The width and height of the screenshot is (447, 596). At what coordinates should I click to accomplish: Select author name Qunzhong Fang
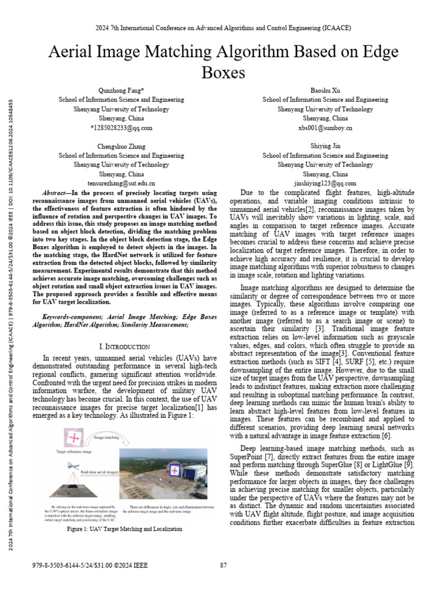tap(121, 90)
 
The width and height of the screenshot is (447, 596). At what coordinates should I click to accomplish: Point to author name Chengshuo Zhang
tap(121, 146)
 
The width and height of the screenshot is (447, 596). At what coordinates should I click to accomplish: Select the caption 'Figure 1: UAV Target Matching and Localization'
tap(125, 528)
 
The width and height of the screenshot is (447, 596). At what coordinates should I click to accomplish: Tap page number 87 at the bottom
tap(223, 565)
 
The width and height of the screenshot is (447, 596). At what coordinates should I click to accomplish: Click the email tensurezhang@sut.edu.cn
tap(121, 183)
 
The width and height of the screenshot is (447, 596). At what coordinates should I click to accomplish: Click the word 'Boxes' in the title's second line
tap(223, 73)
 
